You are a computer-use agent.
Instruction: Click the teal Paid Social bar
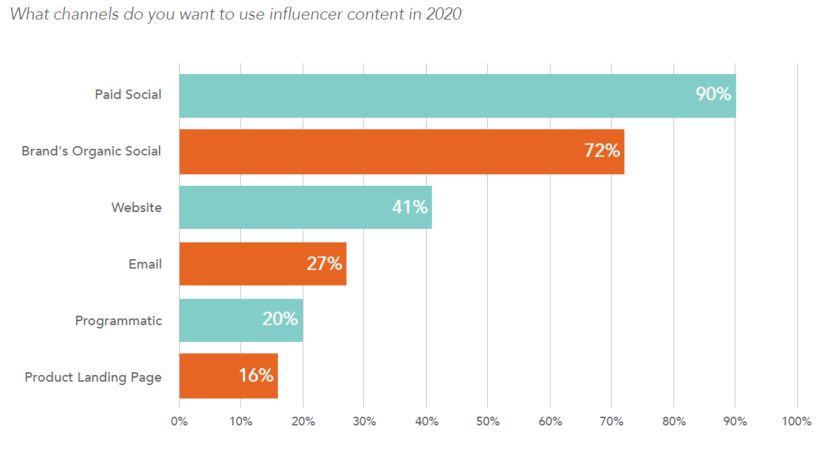pos(431,96)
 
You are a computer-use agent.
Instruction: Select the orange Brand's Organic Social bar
pos(377,151)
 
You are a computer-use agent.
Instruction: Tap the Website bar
pos(283,207)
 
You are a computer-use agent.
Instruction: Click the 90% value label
pos(713,95)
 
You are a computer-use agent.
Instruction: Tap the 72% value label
pos(602,151)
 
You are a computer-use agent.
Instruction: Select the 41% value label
pos(410,207)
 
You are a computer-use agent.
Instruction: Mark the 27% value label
pos(324,264)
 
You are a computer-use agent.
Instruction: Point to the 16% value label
pos(256,376)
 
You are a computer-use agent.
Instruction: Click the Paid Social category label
pos(128,95)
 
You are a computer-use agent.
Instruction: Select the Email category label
pos(145,264)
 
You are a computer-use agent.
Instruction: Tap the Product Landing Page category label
pos(93,377)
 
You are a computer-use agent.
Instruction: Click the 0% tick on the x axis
pos(179,422)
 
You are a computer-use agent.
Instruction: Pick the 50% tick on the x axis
pos(488,422)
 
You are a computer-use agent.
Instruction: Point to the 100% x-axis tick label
pos(797,422)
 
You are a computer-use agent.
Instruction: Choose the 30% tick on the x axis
pos(364,422)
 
